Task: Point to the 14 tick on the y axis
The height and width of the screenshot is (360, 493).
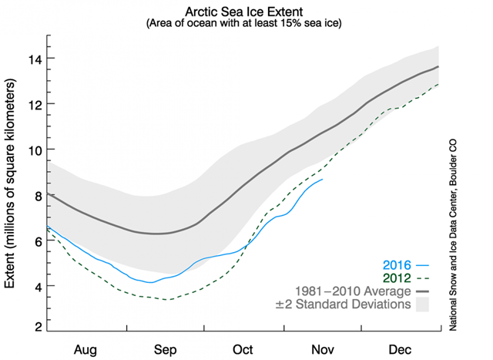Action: (x=35, y=59)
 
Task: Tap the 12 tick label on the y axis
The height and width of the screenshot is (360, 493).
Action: (x=35, y=104)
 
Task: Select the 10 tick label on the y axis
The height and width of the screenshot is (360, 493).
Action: (x=35, y=150)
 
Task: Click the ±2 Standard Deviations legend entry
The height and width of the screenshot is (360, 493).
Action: (x=343, y=304)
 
